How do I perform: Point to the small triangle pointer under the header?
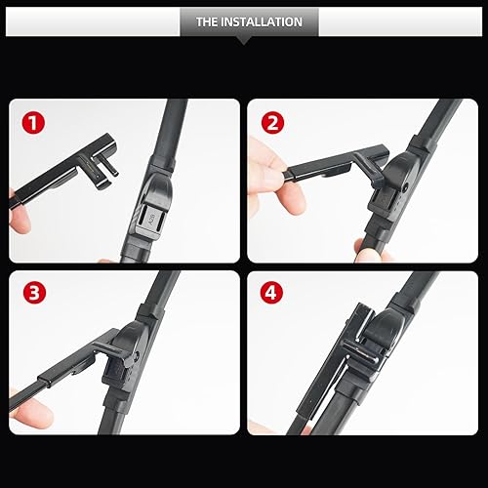(x=244, y=40)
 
